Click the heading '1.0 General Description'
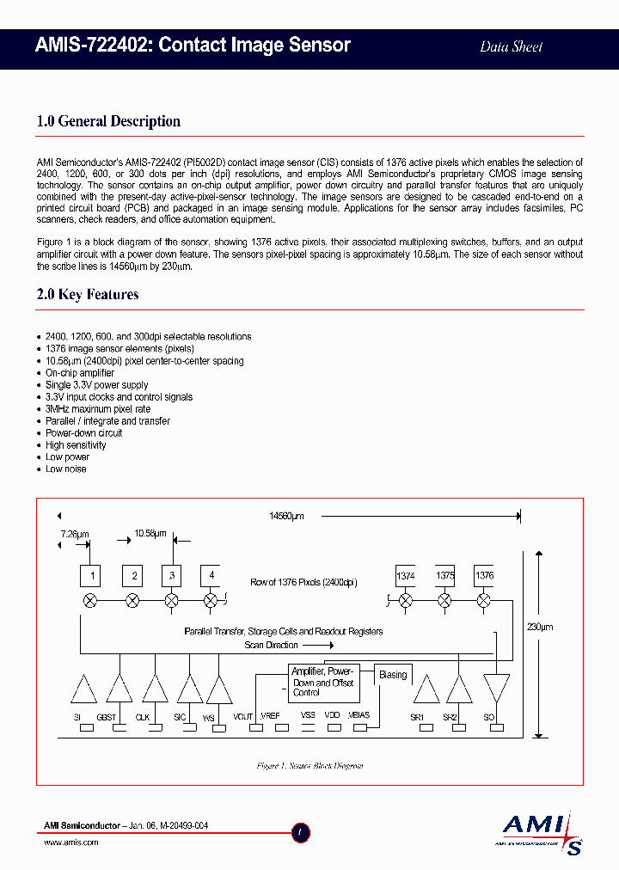pos(108,121)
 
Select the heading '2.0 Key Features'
pos(88,295)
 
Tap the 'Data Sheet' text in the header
pos(511,46)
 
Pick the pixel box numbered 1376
pos(484,575)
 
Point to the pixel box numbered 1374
pos(406,575)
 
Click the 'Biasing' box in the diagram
pos(393,676)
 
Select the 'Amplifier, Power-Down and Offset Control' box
pos(321,682)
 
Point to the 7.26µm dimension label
pos(74,534)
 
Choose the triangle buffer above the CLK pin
pos(155,689)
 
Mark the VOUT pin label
pos(243,716)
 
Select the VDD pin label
pos(332,715)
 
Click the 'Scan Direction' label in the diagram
pos(271,645)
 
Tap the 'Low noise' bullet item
pos(66,469)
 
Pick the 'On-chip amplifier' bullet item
pos(80,373)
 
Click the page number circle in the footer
pos(300,832)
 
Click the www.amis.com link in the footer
pos(70,842)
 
